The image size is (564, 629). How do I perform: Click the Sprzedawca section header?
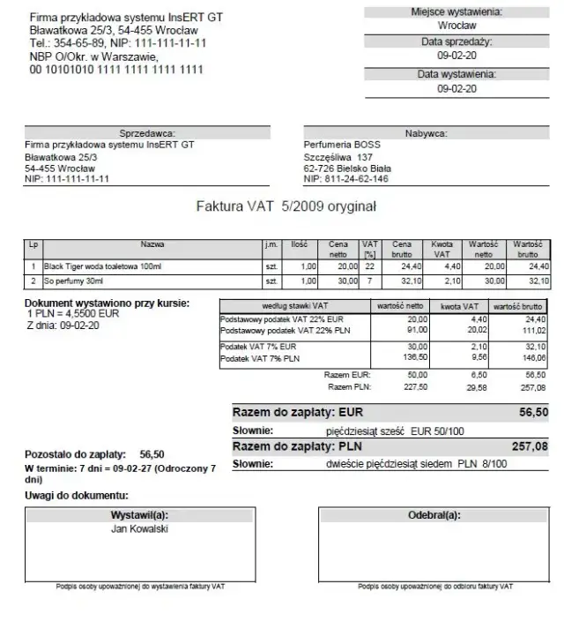click(x=147, y=132)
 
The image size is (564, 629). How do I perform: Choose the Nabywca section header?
click(x=426, y=132)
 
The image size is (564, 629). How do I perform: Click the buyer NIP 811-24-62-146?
click(x=345, y=178)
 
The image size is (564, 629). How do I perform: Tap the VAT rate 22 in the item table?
click(x=370, y=265)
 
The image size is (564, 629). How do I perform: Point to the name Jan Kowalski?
click(x=139, y=529)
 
